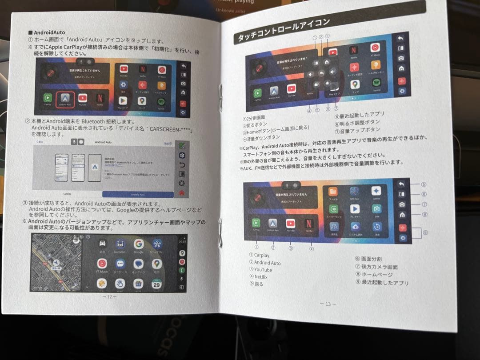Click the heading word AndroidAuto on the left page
49,32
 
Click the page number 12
109,296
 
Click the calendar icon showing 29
156,284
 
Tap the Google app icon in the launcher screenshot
139,244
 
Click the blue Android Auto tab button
137,194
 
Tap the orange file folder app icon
332,192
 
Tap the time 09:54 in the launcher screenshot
182,242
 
